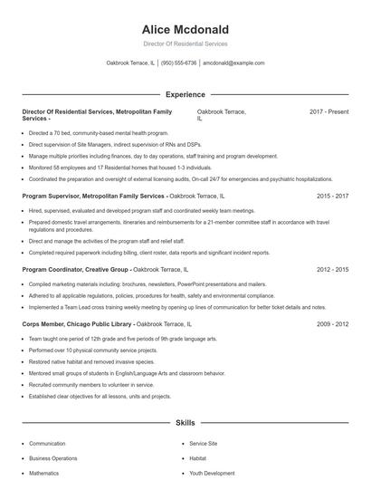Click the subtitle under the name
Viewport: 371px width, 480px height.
pyautogui.click(x=185, y=43)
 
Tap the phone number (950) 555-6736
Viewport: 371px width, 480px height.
pyautogui.click(x=179, y=63)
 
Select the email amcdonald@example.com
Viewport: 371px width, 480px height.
pyautogui.click(x=233, y=63)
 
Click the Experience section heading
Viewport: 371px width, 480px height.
pyautogui.click(x=185, y=94)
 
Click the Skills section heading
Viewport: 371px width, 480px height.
pyautogui.click(x=185, y=423)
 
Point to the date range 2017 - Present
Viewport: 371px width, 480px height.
pyautogui.click(x=328, y=111)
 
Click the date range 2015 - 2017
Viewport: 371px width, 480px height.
pyautogui.click(x=332, y=196)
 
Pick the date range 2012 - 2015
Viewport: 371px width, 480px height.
pyautogui.click(x=332, y=270)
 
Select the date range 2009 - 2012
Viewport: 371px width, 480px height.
pyautogui.click(x=332, y=323)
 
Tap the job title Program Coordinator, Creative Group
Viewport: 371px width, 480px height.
pyautogui.click(x=77, y=270)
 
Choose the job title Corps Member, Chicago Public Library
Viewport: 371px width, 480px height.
pyautogui.click(x=78, y=323)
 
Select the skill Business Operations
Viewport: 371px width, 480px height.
pyautogui.click(x=52, y=458)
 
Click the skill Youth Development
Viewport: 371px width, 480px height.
pyautogui.click(x=212, y=473)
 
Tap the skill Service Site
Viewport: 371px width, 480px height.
pyautogui.click(x=203, y=444)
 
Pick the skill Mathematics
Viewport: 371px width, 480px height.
pyautogui.click(x=43, y=473)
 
